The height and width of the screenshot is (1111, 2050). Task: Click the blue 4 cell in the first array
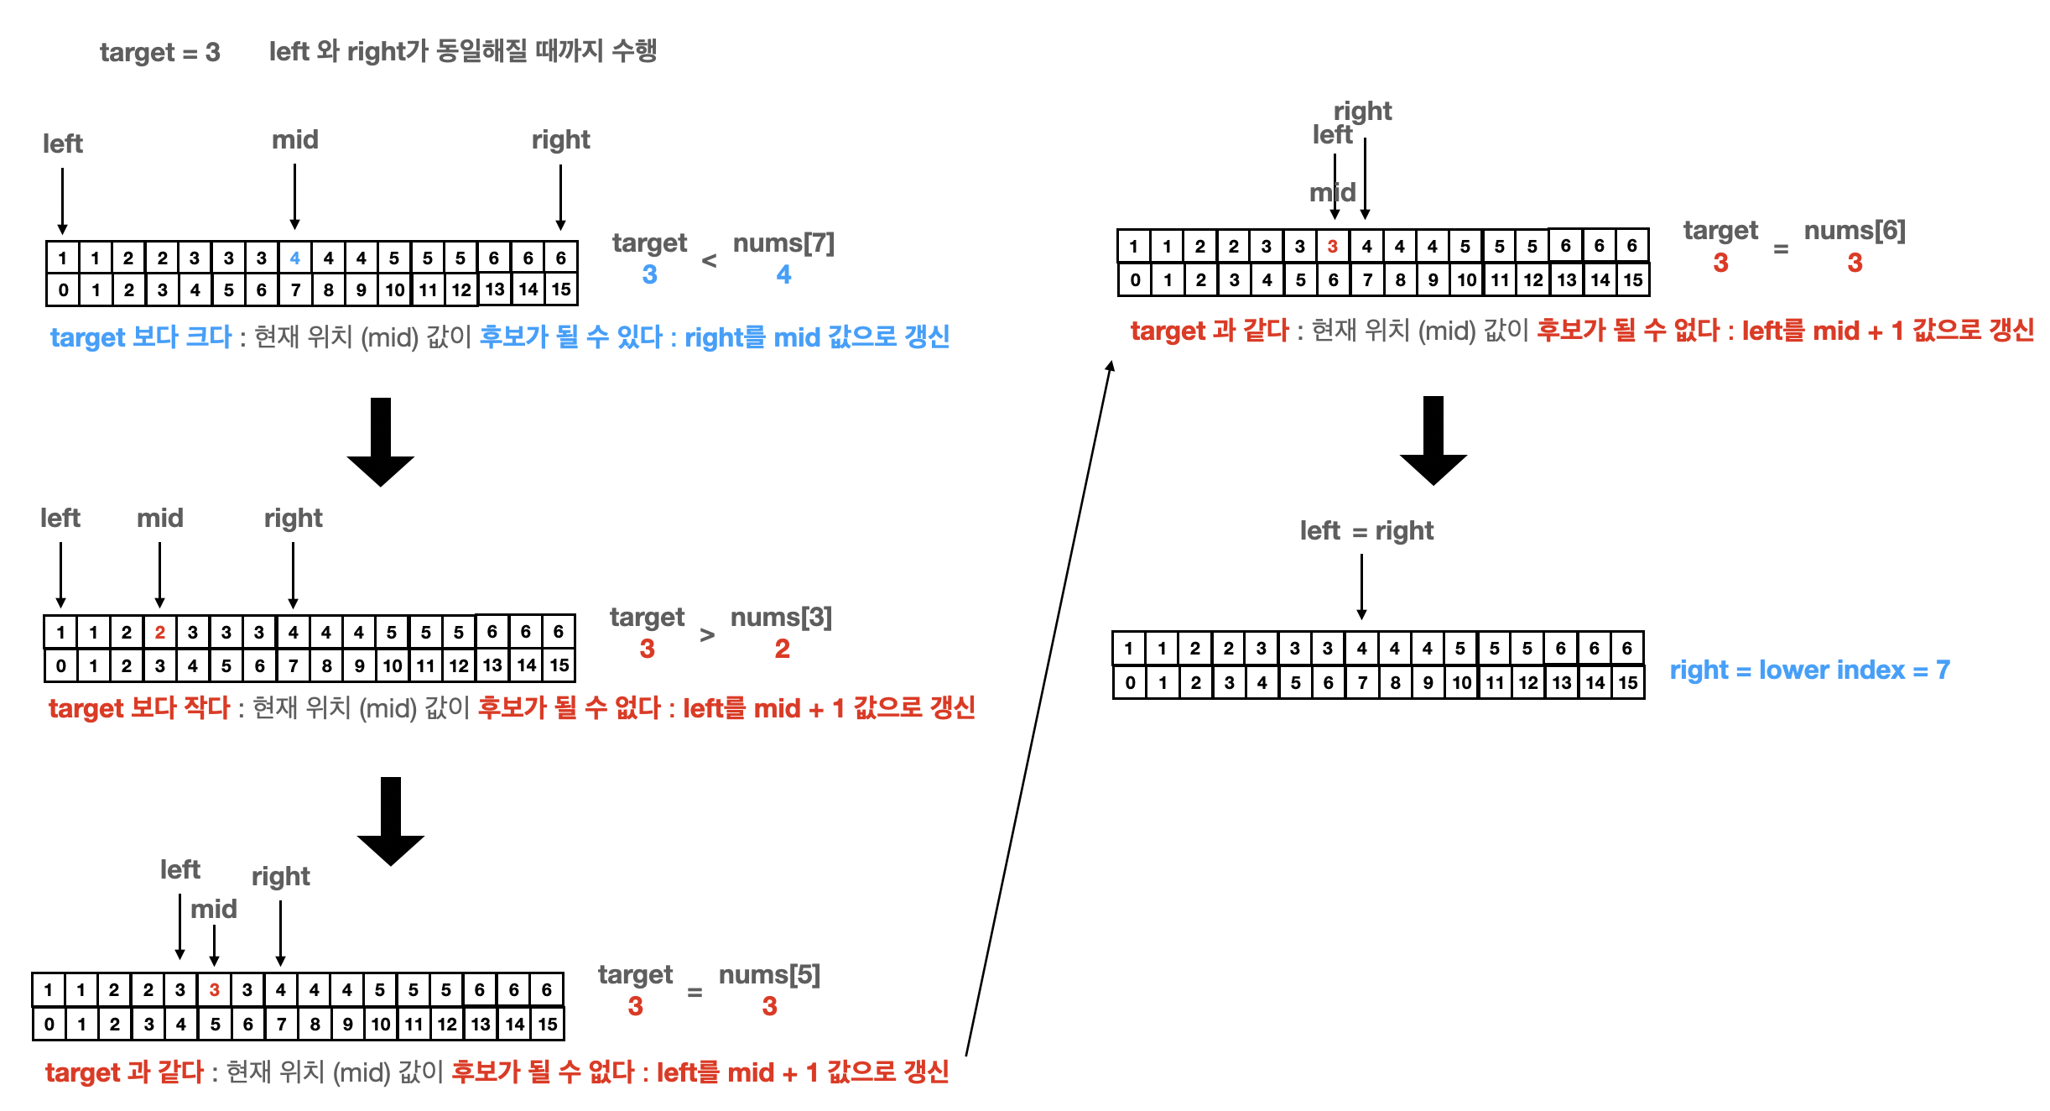click(295, 258)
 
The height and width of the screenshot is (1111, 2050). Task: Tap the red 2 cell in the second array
click(160, 632)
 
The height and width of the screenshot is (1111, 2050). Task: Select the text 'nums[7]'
click(783, 243)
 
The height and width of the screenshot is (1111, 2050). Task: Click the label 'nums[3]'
click(781, 618)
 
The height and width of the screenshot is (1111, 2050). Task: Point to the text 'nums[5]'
click(769, 975)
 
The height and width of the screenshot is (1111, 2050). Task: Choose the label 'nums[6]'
click(1855, 231)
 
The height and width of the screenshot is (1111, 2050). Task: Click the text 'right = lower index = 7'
click(1809, 670)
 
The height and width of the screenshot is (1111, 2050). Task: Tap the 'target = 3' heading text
click(159, 52)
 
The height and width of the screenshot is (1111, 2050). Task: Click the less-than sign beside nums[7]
click(709, 261)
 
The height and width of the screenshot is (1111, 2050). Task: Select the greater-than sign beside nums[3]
click(707, 635)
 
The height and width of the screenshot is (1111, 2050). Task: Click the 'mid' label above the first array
click(295, 139)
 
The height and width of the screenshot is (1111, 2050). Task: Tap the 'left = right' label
click(1366, 530)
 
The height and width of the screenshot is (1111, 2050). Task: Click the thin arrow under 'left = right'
click(1361, 587)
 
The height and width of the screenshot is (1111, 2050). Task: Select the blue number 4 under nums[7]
click(783, 274)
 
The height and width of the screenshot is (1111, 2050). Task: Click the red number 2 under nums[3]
click(782, 649)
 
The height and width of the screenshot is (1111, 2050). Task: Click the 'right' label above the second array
click(293, 518)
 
